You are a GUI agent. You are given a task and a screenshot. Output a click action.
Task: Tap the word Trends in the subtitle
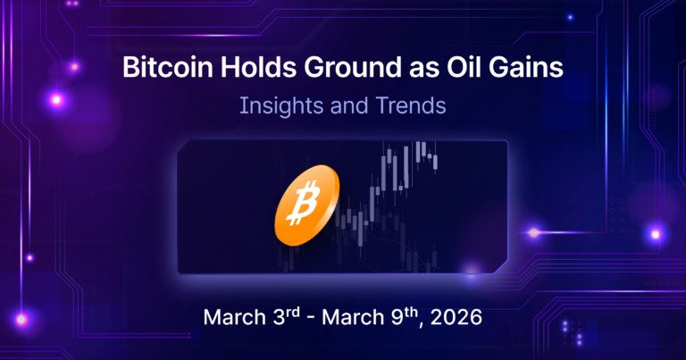tap(410, 105)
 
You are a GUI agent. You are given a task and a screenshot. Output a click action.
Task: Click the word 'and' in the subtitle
tap(349, 105)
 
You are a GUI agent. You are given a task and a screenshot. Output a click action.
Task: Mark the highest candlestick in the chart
tap(420, 152)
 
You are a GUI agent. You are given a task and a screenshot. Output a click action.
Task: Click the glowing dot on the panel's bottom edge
tap(471, 271)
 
